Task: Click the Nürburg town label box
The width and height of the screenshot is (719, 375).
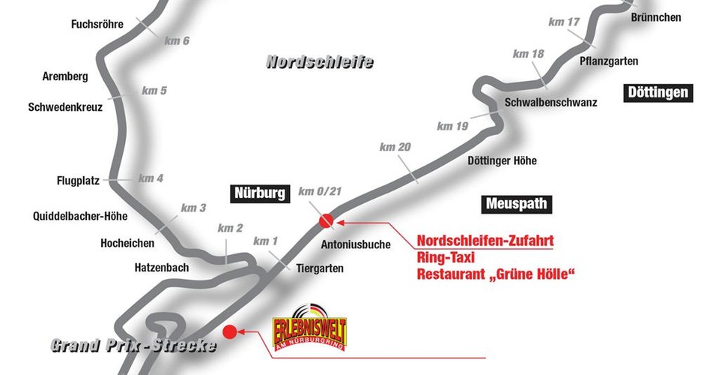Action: click(258, 193)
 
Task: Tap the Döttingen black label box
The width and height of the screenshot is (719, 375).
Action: click(657, 93)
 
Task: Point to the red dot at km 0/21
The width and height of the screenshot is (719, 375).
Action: click(326, 220)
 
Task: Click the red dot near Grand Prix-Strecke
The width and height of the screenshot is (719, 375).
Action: click(230, 330)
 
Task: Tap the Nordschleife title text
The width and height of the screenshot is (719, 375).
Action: click(320, 62)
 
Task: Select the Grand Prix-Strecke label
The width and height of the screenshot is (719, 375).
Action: click(134, 346)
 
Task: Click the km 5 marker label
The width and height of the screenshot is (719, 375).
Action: click(154, 91)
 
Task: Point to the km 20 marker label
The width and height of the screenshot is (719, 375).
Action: click(395, 148)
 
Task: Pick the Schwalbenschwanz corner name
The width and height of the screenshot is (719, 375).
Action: click(550, 102)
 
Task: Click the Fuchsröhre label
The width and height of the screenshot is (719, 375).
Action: click(97, 24)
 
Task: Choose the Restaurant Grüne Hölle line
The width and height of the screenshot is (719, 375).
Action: click(495, 274)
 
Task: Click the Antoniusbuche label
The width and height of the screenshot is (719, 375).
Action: click(351, 244)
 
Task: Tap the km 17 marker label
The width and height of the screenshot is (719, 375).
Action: click(564, 22)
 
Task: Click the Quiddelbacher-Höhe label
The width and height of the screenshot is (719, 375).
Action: click(80, 216)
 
